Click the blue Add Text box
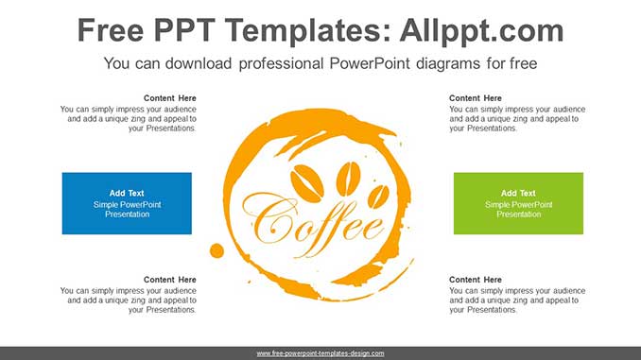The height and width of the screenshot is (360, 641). coord(127,203)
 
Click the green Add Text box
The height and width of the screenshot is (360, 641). coord(518,203)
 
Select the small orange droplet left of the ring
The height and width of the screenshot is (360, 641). coord(217,250)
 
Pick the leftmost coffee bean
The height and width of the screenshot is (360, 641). coord(307,181)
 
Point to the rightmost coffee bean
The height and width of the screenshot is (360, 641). coord(378,195)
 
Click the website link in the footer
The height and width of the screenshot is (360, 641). coord(320,353)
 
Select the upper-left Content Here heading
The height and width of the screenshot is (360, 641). coord(170,98)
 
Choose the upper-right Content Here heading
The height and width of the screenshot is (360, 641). coord(476,98)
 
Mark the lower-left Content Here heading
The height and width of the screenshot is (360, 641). coord(170,280)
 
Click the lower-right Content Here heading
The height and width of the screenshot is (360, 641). coord(476,280)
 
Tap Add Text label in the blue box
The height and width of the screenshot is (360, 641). coord(127,194)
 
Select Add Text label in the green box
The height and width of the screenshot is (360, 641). coord(518,194)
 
